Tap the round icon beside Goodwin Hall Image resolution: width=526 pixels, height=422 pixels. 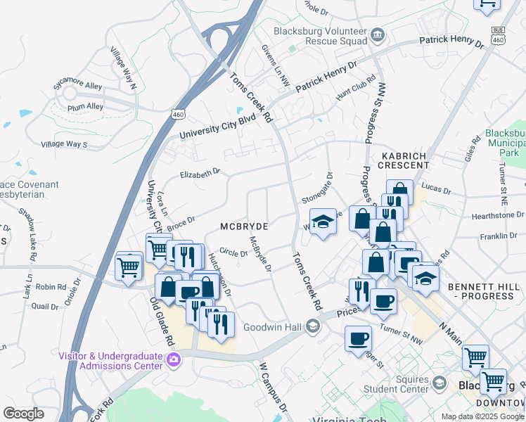coord(313,327)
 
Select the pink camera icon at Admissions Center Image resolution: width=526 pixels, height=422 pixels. coord(174,361)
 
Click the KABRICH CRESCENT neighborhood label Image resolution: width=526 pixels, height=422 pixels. coord(405,160)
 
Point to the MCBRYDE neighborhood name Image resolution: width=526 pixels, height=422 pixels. coord(245,226)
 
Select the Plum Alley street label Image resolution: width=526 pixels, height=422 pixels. coord(86,108)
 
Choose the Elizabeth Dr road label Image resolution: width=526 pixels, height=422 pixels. coord(200,173)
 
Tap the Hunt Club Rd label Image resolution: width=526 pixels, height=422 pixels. coord(351,91)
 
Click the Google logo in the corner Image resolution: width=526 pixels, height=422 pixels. coord(23,413)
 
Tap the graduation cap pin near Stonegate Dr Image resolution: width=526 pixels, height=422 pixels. coord(323,222)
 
